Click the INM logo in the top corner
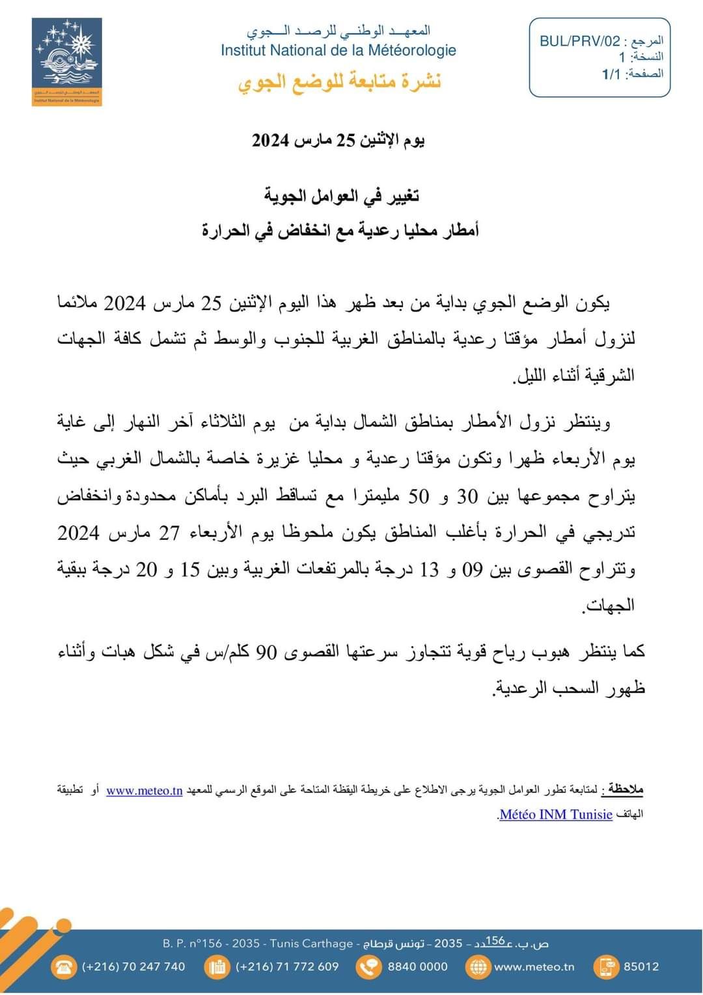click(67, 62)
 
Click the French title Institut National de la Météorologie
click(338, 50)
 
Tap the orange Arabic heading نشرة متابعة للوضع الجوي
click(339, 82)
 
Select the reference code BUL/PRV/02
click(580, 42)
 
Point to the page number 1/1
click(611, 74)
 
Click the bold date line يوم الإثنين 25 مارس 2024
click(338, 140)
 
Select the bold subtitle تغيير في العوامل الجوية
click(342, 195)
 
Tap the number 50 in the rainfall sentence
click(419, 497)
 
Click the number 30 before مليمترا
click(467, 497)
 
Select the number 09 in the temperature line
click(472, 570)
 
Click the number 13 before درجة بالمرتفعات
click(430, 570)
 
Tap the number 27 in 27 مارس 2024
click(169, 533)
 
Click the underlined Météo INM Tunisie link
click(556, 815)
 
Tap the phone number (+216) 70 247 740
click(133, 967)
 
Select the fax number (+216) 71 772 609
click(287, 967)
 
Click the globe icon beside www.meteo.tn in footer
click(478, 967)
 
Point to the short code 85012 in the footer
click(641, 967)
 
